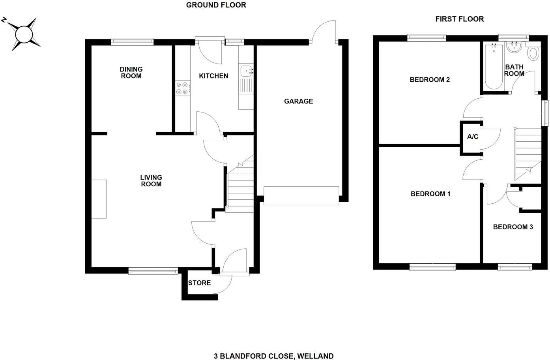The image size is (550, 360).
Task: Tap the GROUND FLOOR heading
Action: (x=216, y=5)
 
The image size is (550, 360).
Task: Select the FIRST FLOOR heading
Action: (x=459, y=19)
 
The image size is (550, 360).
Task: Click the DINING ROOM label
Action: (x=131, y=73)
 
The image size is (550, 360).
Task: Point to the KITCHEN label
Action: (x=213, y=76)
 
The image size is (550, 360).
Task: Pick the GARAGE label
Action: (x=299, y=101)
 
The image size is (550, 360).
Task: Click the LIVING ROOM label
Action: (x=151, y=181)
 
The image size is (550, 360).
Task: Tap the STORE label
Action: (x=199, y=283)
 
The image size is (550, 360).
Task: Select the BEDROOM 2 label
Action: (x=430, y=80)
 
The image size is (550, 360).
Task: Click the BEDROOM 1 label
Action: (x=430, y=194)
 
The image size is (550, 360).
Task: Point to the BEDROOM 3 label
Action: (x=513, y=227)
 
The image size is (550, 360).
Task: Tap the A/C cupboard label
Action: (x=473, y=137)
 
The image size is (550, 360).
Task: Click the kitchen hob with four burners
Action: (x=182, y=88)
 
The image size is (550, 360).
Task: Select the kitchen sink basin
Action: (x=246, y=71)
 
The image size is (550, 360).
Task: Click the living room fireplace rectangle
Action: (x=99, y=199)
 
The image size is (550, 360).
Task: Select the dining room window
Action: (x=132, y=40)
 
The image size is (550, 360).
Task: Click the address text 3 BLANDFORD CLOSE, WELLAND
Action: (x=274, y=356)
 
